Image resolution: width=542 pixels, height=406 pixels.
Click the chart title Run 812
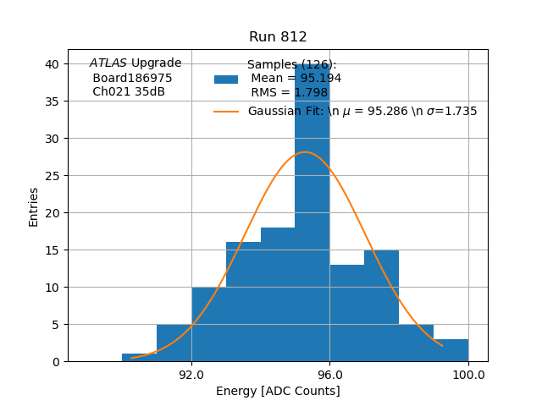278,37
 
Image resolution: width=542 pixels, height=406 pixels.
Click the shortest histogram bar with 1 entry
140,357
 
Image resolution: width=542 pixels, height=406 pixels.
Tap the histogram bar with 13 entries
347,313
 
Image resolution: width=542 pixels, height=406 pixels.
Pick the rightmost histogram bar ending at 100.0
451,350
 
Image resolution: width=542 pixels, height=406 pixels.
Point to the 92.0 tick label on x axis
191,375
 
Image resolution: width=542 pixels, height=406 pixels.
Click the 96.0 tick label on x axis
329,375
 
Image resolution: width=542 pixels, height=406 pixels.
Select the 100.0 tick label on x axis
468,375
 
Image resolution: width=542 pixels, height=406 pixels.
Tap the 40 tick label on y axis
53,64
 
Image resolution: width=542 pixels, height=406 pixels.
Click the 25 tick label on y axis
53,176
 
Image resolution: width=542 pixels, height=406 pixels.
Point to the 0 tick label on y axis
56,362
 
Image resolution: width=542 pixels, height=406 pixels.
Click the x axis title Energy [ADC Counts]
278,391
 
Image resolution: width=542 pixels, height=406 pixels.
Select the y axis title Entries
34,206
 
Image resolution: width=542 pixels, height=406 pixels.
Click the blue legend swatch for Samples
226,80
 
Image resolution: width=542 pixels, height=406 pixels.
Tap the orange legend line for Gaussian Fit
226,112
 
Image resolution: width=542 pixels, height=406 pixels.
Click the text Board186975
132,78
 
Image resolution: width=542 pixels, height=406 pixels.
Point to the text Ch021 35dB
129,91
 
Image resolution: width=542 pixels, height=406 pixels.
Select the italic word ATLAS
108,63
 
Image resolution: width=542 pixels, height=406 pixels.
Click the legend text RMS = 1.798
289,93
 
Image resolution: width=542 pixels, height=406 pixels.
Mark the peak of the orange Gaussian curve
304,152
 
